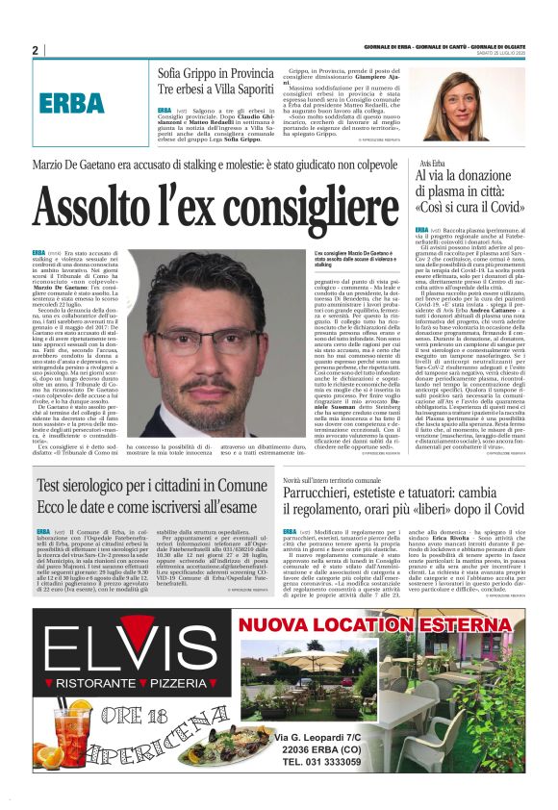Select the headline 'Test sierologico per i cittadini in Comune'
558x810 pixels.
[151, 488]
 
